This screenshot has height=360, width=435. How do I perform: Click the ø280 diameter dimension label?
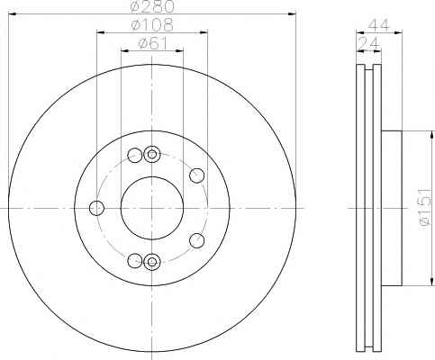point(152,6)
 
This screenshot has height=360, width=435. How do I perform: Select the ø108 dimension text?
point(152,24)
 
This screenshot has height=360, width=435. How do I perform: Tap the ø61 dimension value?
point(152,44)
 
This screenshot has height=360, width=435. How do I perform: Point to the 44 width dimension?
point(378,25)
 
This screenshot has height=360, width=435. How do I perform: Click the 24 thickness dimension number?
point(368,44)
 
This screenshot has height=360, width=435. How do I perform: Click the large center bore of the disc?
point(152,208)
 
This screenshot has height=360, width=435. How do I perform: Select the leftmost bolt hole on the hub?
point(96,208)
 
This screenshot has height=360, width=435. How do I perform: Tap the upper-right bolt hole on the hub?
point(197,175)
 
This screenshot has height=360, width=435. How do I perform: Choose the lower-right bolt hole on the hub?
point(197,240)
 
